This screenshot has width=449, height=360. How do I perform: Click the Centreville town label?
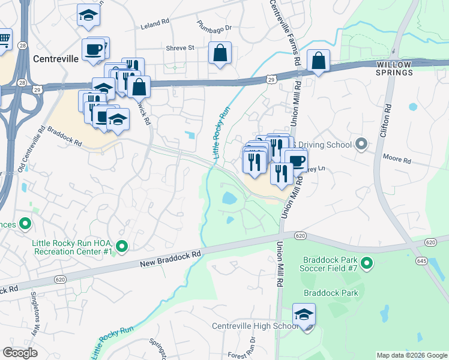point(55,59)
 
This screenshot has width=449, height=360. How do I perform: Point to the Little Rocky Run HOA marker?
point(122,246)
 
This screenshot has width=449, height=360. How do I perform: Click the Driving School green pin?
point(361,145)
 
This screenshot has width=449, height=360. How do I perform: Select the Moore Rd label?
point(398,161)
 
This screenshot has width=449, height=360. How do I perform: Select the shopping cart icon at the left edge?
point(4,40)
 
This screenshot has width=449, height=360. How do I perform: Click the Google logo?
point(20,353)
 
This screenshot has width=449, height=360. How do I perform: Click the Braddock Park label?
point(331,293)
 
